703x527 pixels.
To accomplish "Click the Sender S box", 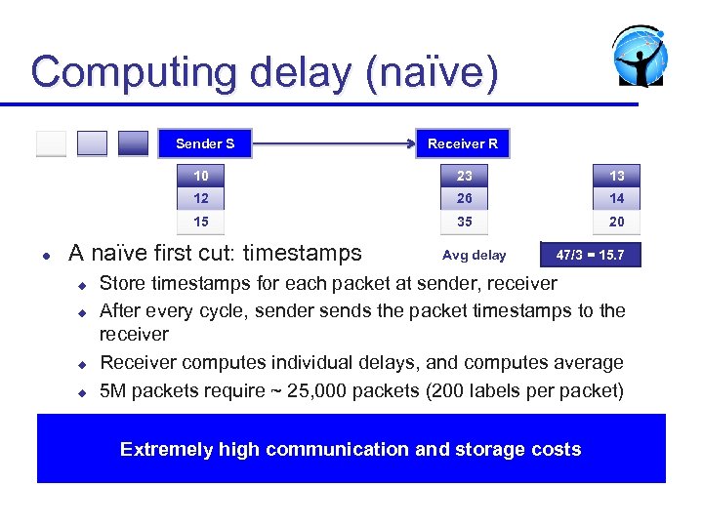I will pos(205,143).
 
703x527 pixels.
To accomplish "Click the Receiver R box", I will pos(463,143).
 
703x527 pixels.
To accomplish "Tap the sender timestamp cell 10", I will pos(201,176).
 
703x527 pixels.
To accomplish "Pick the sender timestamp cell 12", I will pos(201,198).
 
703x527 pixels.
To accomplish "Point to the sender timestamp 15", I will pos(201,222).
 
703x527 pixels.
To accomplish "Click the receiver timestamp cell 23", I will pos(464,176).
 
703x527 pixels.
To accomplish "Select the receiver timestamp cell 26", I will pos(464,198).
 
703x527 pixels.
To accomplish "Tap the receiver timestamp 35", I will pos(464,222).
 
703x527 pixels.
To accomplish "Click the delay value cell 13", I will pos(616,176).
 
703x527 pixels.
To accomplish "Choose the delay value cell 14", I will pos(616,198).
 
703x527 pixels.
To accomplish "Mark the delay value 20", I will pos(616,222).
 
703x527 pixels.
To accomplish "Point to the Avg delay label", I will pos(475,256).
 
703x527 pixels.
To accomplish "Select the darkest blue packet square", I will pos(133,143).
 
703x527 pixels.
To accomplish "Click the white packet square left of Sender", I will pos(51,143).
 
